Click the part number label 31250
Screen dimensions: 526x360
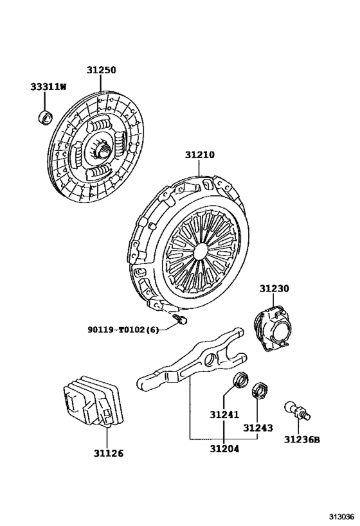tap(102, 70)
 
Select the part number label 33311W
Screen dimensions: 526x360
tap(48, 87)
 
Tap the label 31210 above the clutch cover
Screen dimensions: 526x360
tap(200, 155)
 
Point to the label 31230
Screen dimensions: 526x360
tap(275, 290)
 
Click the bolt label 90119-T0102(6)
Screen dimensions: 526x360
tap(123, 330)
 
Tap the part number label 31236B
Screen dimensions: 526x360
tap(301, 440)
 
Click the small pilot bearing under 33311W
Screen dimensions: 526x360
tap(46, 117)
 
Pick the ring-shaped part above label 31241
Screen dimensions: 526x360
tap(239, 380)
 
